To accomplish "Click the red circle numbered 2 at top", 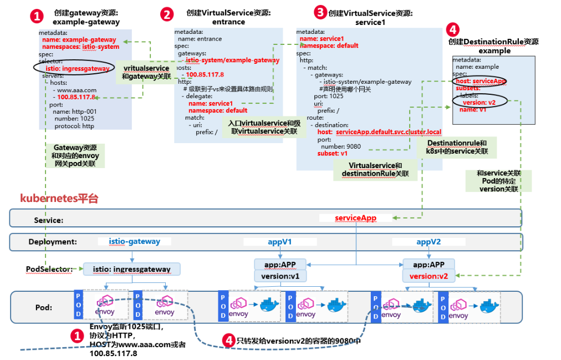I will tap(167, 14).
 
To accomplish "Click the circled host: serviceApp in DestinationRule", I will tap(480, 81).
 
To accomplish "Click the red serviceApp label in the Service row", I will tap(355, 218).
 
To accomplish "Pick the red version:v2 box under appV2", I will tap(429, 276).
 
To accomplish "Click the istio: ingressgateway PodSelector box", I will tap(131, 269).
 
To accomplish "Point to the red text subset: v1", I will tap(333, 153).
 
